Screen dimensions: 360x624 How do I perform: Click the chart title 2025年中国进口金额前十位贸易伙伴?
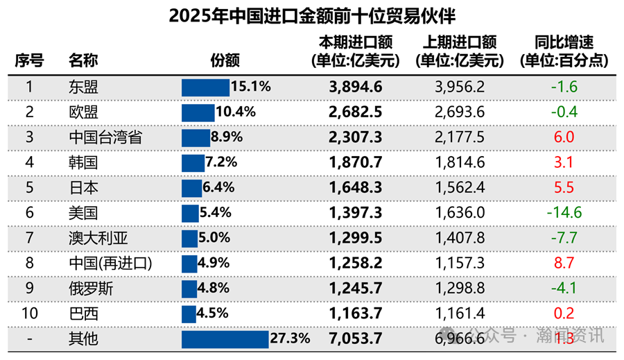pyautogui.click(x=312, y=16)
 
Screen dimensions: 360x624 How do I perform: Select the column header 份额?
pyautogui.click(x=225, y=60)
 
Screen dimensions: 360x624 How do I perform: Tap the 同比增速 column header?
pyautogui.click(x=564, y=52)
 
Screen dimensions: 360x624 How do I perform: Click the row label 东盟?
pyautogui.click(x=83, y=87)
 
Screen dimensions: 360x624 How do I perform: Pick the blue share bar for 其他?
pyautogui.click(x=225, y=339)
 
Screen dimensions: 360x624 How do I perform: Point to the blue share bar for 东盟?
pyautogui.click(x=205, y=87)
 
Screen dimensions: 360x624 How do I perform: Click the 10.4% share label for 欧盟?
pyautogui.click(x=236, y=112)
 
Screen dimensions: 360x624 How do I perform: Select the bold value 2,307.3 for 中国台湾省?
pyautogui.click(x=355, y=137)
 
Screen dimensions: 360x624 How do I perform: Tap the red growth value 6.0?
pyautogui.click(x=564, y=137)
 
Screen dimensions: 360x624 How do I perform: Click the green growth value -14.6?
pyautogui.click(x=564, y=213)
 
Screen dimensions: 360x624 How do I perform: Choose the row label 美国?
pyautogui.click(x=83, y=213)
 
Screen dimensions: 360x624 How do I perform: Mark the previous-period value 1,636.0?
pyautogui.click(x=460, y=213)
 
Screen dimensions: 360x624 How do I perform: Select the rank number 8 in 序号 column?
pyautogui.click(x=29, y=264)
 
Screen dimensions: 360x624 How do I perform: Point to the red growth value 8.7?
pyautogui.click(x=564, y=264)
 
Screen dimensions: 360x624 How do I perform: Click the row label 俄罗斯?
pyautogui.click(x=91, y=289)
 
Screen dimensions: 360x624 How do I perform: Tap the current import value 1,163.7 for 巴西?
pyautogui.click(x=355, y=314)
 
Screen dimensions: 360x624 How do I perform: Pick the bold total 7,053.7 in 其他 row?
pyautogui.click(x=355, y=339)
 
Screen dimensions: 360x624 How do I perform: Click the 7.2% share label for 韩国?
pyautogui.click(x=221, y=162)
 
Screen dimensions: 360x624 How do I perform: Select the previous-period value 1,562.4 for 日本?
pyautogui.click(x=460, y=188)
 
